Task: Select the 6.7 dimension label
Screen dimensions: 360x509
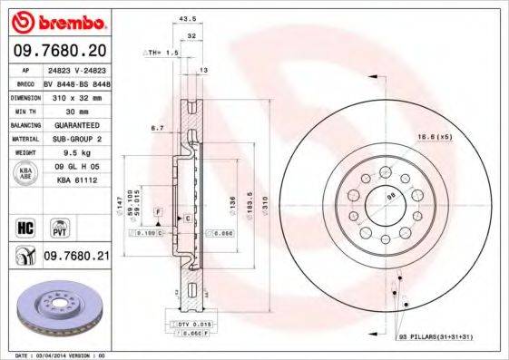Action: pyautogui.click(x=157, y=129)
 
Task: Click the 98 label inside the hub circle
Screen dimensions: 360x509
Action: pyautogui.click(x=391, y=196)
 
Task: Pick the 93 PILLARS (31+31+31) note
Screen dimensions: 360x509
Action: pyautogui.click(x=438, y=336)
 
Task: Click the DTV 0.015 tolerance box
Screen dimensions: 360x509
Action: pyautogui.click(x=187, y=324)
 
